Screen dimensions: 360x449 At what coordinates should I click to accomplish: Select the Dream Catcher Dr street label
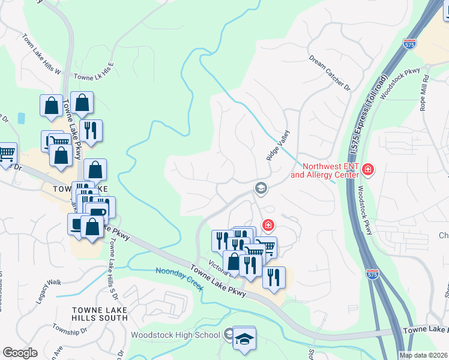pyautogui.click(x=330, y=73)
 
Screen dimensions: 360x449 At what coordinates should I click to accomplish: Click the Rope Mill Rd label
pyautogui.click(x=424, y=93)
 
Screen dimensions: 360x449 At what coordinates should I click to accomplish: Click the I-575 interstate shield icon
pyautogui.click(x=372, y=274)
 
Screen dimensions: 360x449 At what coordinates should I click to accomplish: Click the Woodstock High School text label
pyautogui.click(x=175, y=334)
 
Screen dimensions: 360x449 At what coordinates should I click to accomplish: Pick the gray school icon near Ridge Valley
pyautogui.click(x=261, y=188)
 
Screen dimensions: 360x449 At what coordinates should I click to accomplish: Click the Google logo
pyautogui.click(x=20, y=353)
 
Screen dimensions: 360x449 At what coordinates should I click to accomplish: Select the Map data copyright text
pyautogui.click(x=423, y=355)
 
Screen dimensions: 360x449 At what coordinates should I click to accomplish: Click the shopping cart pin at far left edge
pyautogui.click(x=6, y=154)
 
